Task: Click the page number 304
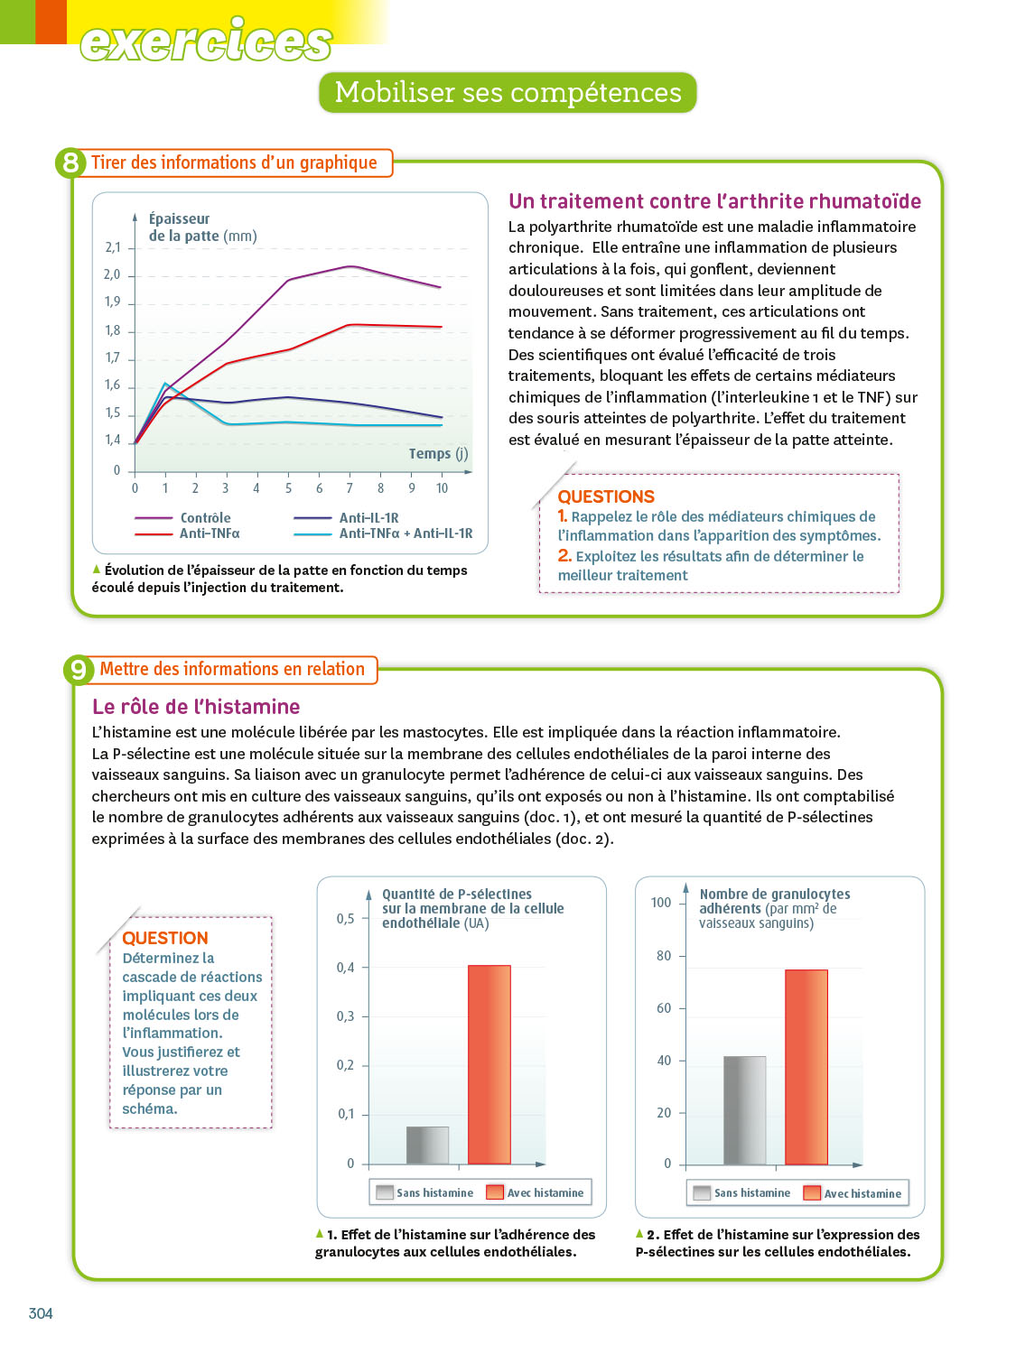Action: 41,1313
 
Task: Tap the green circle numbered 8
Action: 70,162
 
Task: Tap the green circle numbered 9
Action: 79,670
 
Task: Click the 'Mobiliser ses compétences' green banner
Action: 508,92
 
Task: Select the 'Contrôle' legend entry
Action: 205,518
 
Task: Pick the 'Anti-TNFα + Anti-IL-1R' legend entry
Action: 405,533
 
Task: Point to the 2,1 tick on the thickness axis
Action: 113,247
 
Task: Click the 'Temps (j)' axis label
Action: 438,453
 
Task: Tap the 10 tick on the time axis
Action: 442,488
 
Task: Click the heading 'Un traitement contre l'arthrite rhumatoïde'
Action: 714,201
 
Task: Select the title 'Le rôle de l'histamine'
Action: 196,707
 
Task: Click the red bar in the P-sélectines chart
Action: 489,1064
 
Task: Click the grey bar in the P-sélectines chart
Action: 427,1145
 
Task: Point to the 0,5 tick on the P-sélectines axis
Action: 346,919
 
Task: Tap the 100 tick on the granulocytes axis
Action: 661,903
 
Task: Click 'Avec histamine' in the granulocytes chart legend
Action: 862,1193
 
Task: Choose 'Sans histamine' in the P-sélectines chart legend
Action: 434,1192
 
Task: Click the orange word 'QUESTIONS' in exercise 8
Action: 606,496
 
